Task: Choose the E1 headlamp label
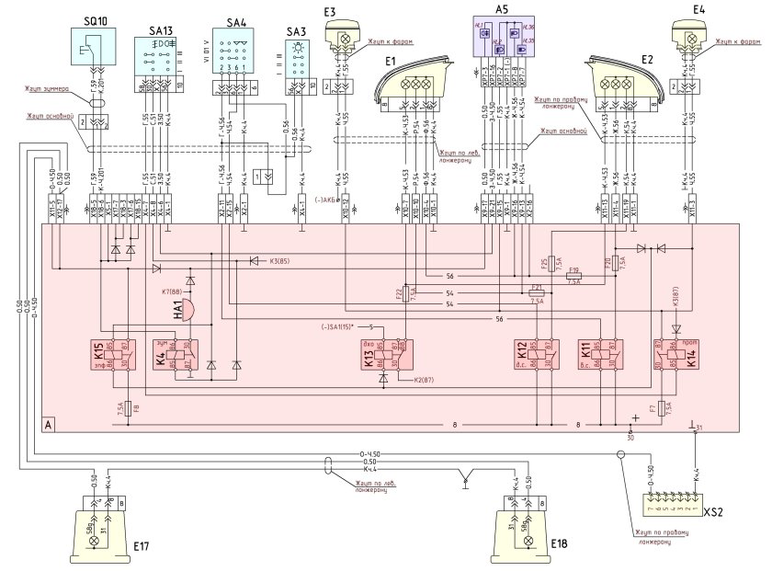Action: pyautogui.click(x=390, y=61)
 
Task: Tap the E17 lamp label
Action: pyautogui.click(x=139, y=545)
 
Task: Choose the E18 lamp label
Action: pyautogui.click(x=560, y=545)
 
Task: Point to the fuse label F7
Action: pyautogui.click(x=652, y=405)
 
